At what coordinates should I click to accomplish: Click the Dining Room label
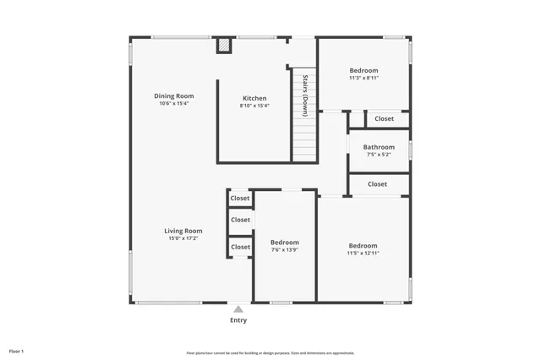pyautogui.click(x=174, y=95)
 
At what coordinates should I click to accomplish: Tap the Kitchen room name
pyautogui.click(x=254, y=98)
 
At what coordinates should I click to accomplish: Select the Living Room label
pyautogui.click(x=183, y=231)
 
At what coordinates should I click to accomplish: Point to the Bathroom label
pyautogui.click(x=379, y=147)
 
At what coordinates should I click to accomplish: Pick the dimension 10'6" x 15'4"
pyautogui.click(x=174, y=105)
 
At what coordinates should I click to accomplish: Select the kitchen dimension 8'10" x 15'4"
pyautogui.click(x=254, y=106)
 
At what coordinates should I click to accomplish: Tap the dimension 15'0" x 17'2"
pyautogui.click(x=183, y=239)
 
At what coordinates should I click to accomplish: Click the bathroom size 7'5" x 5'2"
pyautogui.click(x=379, y=155)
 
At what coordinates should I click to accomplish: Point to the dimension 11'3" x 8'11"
pyautogui.click(x=363, y=78)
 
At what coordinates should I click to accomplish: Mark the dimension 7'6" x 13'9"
pyautogui.click(x=284, y=253)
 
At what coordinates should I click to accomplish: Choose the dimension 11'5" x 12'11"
pyautogui.click(x=363, y=253)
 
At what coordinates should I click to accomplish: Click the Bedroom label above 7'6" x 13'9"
pyautogui.click(x=284, y=244)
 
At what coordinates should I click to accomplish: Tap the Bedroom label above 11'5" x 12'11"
pyautogui.click(x=363, y=245)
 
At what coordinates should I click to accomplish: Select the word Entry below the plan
pyautogui.click(x=238, y=320)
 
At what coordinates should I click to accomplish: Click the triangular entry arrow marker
pyautogui.click(x=238, y=309)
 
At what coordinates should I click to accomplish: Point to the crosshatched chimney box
pyautogui.click(x=224, y=46)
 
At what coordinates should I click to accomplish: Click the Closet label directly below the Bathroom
pyautogui.click(x=377, y=183)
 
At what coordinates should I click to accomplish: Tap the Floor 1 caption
pyautogui.click(x=16, y=351)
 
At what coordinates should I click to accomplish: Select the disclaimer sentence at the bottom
pyautogui.click(x=270, y=353)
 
